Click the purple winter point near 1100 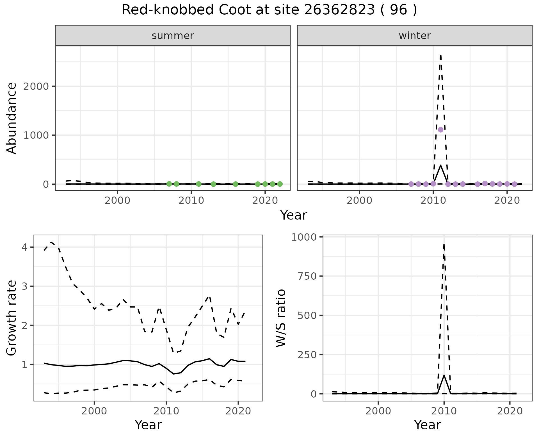440,130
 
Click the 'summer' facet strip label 173,36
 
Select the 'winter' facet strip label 415,36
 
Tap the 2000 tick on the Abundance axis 36,86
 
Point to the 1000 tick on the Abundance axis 36,135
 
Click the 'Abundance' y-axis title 12,118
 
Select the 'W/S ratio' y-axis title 281,318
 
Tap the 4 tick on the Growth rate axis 25,247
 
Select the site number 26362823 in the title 339,10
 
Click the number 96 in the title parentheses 399,10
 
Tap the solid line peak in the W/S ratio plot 444,375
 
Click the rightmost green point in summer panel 280,184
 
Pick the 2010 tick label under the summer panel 191,200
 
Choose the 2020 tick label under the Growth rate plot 238,411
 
